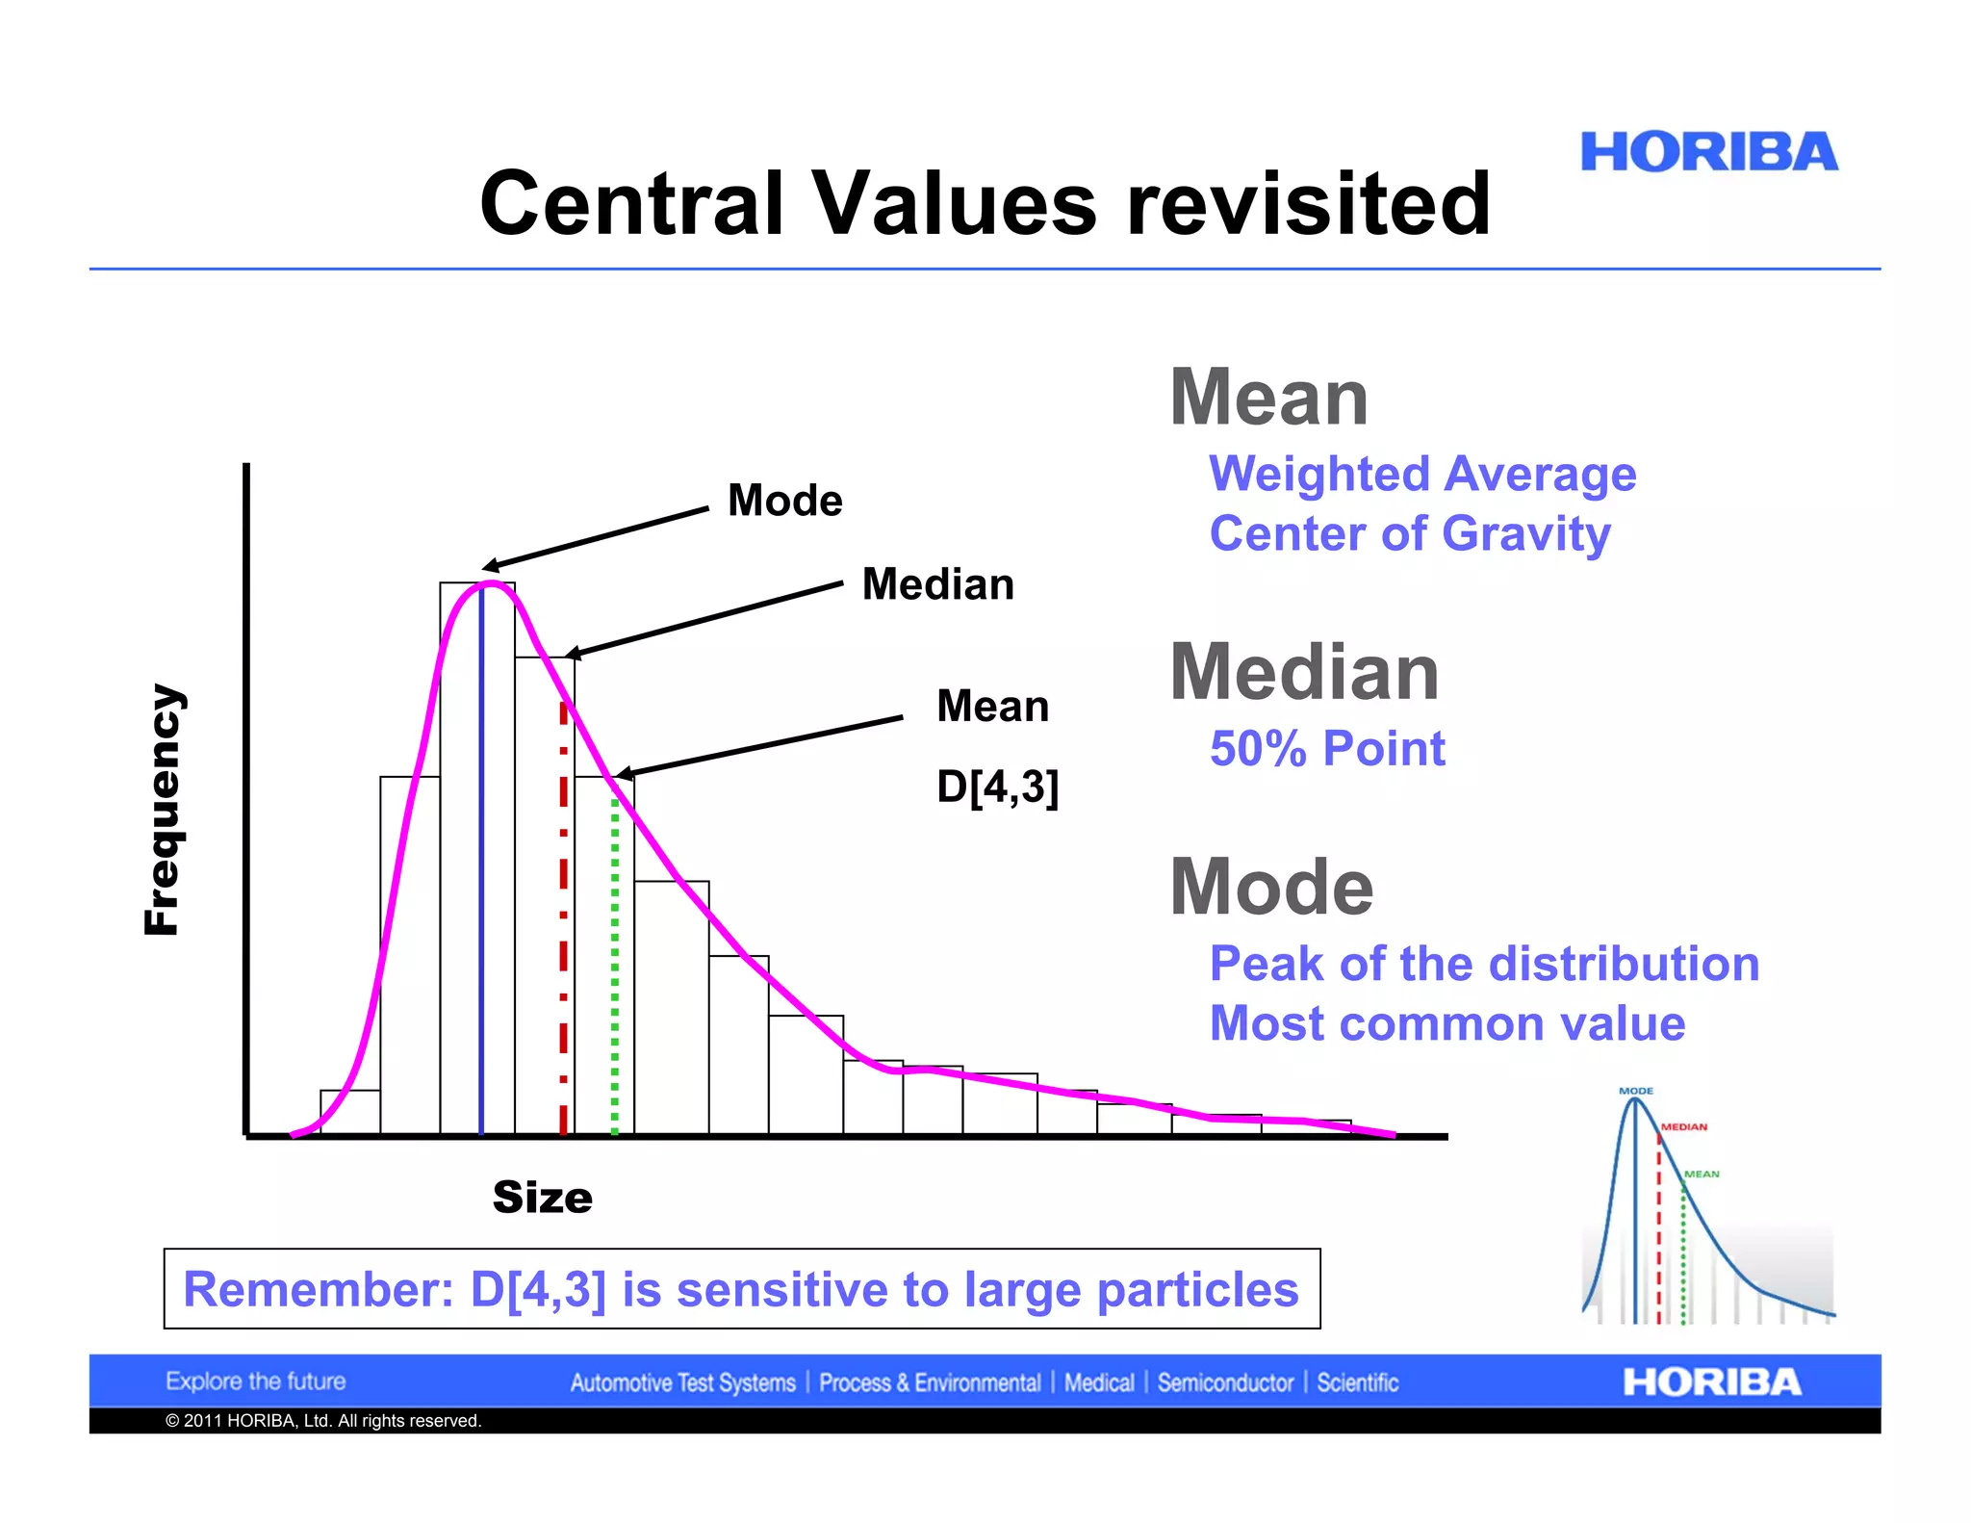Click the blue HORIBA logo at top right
(1708, 153)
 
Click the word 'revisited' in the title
(1308, 203)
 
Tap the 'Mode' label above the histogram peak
(784, 501)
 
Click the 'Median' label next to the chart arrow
(937, 584)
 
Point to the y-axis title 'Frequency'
(162, 809)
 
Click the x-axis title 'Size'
(542, 1198)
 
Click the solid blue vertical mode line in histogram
(481, 866)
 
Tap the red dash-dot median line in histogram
(563, 915)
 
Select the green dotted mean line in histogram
(615, 963)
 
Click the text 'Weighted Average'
(1422, 475)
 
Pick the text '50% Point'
(1327, 749)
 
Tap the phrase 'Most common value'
(1446, 1023)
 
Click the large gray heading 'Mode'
(1271, 887)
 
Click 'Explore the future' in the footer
(255, 1381)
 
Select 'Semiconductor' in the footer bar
(1225, 1383)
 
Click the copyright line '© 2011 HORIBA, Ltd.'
(322, 1421)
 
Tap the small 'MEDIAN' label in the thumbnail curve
(1684, 1126)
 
